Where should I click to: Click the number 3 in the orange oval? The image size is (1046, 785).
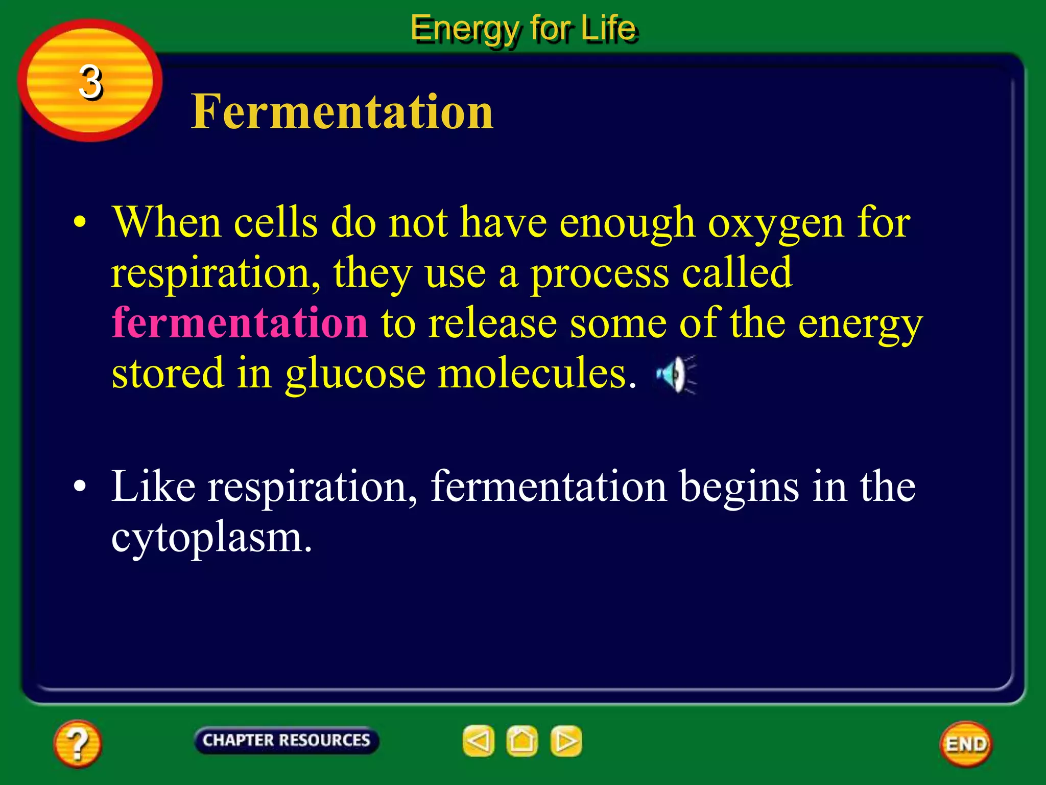tap(90, 82)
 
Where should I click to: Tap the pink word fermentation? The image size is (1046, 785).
tap(240, 322)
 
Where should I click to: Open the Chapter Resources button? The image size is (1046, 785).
tap(286, 740)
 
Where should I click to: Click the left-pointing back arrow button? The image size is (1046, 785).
tap(479, 741)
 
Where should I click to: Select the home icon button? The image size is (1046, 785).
tap(522, 741)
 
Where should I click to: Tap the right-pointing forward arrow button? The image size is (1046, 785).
tap(566, 741)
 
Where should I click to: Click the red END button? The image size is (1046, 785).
tap(966, 744)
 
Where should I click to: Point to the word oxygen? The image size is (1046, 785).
tap(775, 224)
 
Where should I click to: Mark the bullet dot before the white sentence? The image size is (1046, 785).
tap(79, 487)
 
